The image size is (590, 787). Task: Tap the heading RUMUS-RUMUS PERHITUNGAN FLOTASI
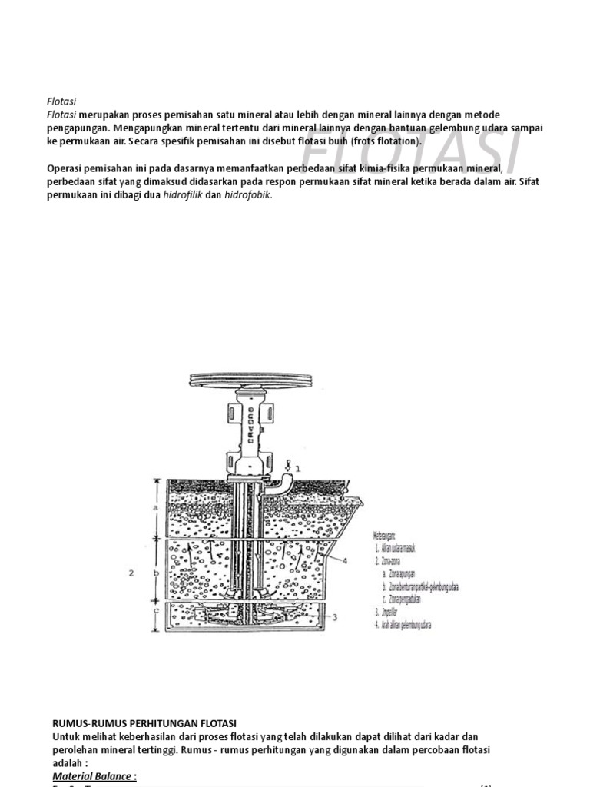[144, 724]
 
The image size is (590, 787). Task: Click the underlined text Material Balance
[94, 776]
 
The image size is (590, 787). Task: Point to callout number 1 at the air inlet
[297, 467]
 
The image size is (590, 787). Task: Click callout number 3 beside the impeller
[333, 616]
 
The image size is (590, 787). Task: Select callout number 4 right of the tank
[344, 560]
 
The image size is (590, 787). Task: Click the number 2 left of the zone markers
[131, 573]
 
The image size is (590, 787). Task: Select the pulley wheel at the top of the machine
[253, 380]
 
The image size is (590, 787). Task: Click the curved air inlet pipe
[285, 481]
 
